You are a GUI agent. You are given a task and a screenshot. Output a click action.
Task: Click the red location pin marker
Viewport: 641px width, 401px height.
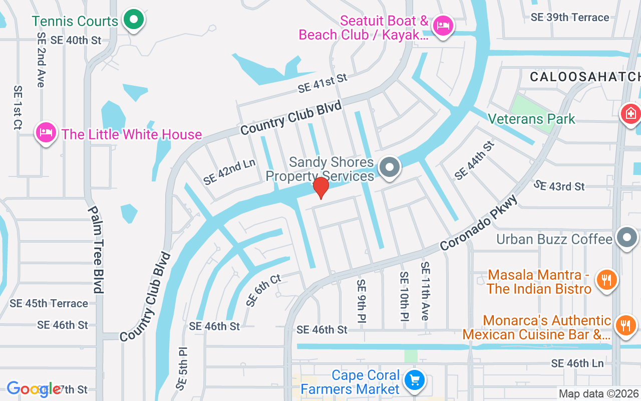tap(320, 187)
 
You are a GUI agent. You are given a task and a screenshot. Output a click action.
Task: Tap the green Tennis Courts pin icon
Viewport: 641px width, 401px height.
tap(134, 20)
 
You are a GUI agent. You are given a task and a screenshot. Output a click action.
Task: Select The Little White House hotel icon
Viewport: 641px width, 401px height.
tap(46, 133)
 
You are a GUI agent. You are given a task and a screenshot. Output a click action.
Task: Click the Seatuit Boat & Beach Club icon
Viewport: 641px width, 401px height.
tap(443, 25)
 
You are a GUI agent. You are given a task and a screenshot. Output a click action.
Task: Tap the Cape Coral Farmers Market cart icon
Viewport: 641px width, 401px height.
tap(414, 380)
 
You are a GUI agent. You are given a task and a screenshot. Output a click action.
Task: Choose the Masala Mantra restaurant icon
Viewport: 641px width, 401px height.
tap(607, 280)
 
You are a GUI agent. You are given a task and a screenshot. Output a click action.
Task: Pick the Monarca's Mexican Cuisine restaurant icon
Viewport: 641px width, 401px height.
tap(625, 325)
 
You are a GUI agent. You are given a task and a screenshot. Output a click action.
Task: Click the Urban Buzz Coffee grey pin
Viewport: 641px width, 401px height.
tap(626, 238)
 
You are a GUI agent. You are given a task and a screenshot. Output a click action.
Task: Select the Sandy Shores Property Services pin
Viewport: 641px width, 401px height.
tap(390, 167)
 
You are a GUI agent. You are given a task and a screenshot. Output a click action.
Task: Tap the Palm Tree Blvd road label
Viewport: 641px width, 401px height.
tap(96, 249)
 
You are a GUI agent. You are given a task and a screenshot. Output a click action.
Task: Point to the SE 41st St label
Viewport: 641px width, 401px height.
tap(322, 83)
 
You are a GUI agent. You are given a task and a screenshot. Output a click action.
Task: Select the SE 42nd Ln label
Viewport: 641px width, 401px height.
tap(229, 172)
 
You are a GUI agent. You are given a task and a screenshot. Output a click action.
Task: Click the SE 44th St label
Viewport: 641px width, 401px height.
tap(474, 160)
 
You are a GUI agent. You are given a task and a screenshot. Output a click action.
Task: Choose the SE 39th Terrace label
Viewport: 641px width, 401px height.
tap(570, 17)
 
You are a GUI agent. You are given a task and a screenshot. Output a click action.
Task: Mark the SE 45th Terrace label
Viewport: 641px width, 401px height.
tap(49, 303)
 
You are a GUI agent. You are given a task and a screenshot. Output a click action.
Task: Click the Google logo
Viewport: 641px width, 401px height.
tap(34, 389)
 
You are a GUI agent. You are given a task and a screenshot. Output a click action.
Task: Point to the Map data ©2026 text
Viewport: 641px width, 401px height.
tap(598, 393)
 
